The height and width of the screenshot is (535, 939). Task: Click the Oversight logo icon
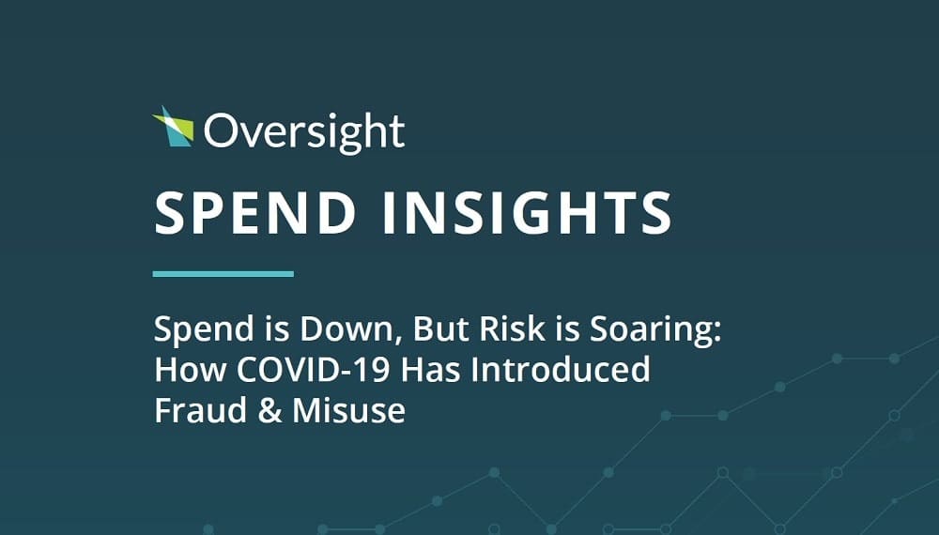[x=174, y=127]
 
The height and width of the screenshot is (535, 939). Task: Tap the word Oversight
[x=304, y=132]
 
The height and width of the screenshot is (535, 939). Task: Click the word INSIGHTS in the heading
[x=527, y=213]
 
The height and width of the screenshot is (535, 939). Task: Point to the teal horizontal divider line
[x=223, y=274]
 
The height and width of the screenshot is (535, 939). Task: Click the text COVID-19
[x=315, y=369]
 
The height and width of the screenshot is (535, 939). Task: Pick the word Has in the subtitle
[x=431, y=369]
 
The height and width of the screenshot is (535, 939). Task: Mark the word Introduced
[x=560, y=369]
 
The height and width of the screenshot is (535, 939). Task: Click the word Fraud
[x=201, y=410]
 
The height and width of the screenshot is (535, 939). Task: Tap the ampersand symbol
[x=270, y=410]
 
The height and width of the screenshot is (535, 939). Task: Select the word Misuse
[x=349, y=410]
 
